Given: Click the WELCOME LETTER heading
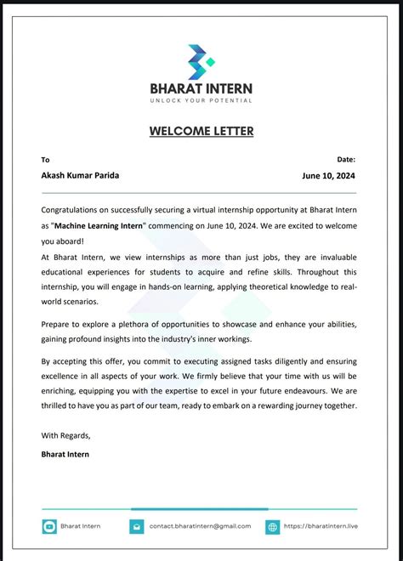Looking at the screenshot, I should point(201,131).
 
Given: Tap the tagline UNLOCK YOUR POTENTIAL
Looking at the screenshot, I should point(201,100).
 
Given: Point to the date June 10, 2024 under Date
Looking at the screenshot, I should point(328,176).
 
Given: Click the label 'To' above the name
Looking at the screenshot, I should point(46,160).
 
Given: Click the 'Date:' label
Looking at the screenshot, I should point(346,159).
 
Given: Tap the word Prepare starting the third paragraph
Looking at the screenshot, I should point(59,325).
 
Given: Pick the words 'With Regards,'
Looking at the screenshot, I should point(65,435).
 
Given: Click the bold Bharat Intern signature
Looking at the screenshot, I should point(65,454).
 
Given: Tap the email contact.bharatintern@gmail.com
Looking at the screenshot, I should point(200,526).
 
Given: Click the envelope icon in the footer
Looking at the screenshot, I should point(137,527).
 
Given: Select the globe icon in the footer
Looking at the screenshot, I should point(272,527).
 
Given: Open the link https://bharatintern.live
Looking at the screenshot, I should point(321,526).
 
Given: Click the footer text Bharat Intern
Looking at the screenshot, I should point(81,526).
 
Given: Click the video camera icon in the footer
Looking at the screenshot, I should point(49,527).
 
